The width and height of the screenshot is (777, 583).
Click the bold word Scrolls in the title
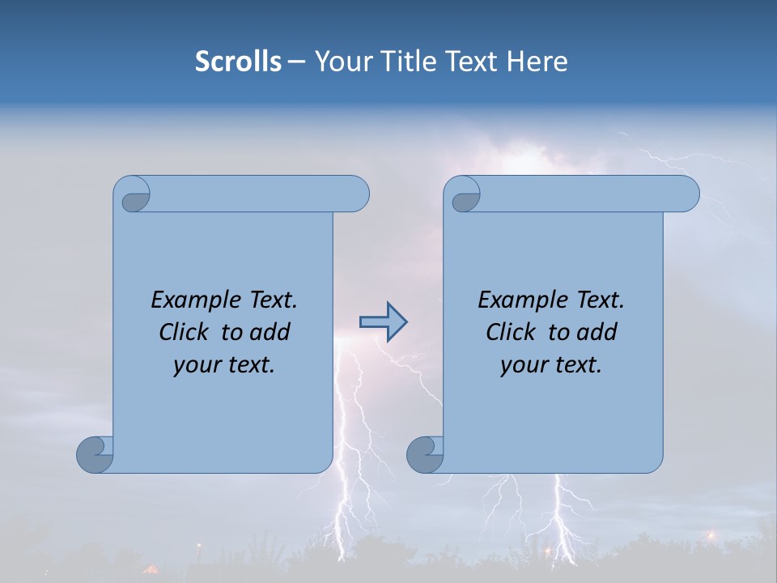[238, 62]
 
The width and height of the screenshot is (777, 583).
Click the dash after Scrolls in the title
[296, 62]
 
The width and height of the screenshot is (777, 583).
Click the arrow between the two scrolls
[383, 322]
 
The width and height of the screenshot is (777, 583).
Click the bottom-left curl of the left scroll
[96, 453]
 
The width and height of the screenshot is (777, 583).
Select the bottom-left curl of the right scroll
[425, 453]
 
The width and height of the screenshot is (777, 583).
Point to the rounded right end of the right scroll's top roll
[687, 194]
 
